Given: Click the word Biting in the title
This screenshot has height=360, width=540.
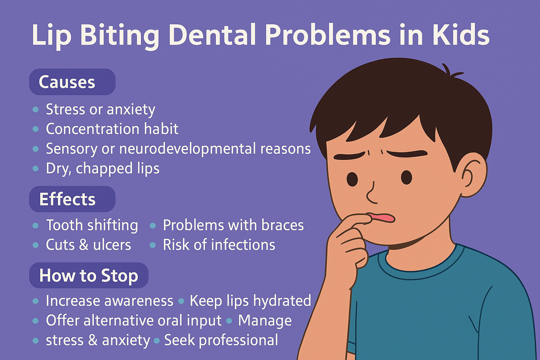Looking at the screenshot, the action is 120,36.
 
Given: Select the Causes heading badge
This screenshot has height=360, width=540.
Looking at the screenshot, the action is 72,82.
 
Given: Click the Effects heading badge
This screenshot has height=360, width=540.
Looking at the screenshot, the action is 72,199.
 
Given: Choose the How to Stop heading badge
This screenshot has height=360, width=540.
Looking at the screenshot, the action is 89,275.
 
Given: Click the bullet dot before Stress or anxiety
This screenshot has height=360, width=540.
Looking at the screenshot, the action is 36,110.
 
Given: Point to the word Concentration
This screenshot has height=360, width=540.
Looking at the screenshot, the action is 92,129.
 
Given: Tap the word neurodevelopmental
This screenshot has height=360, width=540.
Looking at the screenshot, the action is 187,148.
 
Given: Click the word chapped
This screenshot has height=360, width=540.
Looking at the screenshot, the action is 104,168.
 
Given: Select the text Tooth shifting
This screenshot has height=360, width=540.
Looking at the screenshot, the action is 92,226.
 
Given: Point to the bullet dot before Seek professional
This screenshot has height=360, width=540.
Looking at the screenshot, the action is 157,341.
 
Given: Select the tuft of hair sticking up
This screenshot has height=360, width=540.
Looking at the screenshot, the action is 450,71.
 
